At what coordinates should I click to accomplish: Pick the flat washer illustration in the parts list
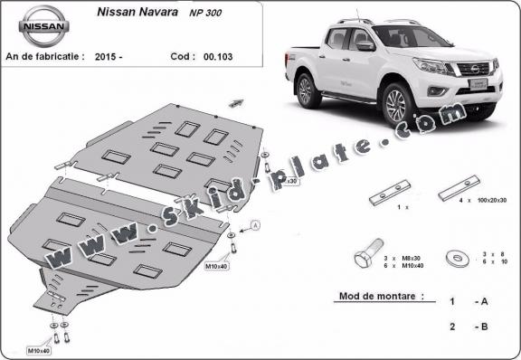tap(459, 260)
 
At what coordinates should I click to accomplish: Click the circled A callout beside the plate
tap(254, 223)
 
